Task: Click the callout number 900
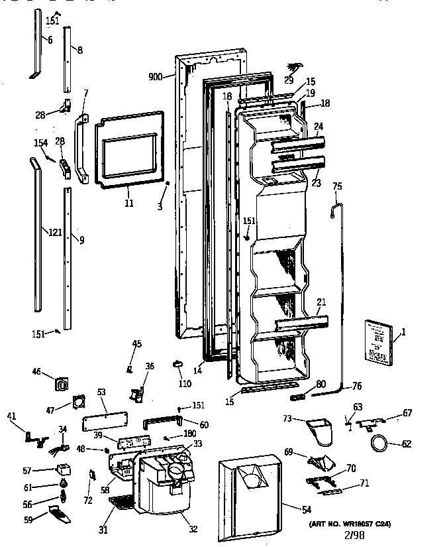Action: (x=156, y=77)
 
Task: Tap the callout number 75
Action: (x=336, y=188)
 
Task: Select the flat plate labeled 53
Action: (x=105, y=422)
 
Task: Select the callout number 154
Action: (x=40, y=142)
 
